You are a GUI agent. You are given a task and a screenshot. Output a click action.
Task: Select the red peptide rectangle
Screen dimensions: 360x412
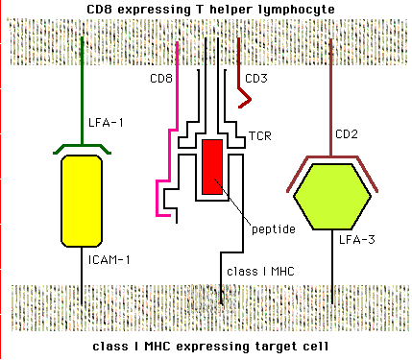212,165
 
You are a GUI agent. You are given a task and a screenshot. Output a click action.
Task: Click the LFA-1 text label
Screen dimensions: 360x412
105,123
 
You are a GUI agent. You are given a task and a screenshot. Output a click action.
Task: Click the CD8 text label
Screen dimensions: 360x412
161,78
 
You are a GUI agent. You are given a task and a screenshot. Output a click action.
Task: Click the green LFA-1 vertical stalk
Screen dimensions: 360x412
82,86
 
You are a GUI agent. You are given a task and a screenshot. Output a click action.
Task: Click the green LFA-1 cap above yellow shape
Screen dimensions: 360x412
82,146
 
